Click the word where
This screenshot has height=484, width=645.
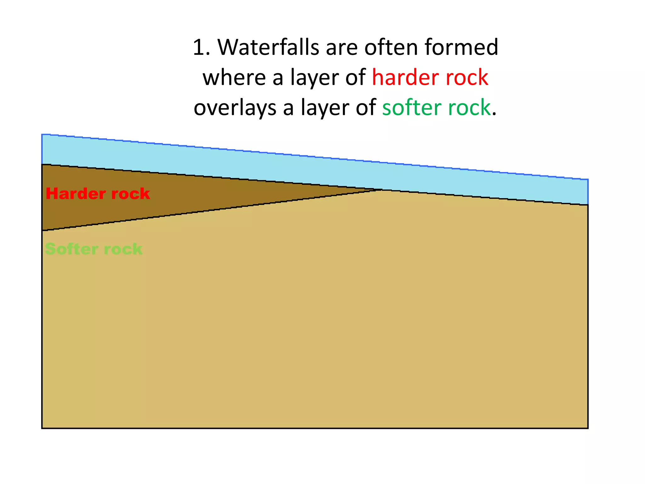coord(234,78)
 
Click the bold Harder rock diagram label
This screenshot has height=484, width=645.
coord(98,193)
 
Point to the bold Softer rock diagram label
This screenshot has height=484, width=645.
coord(94,249)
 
